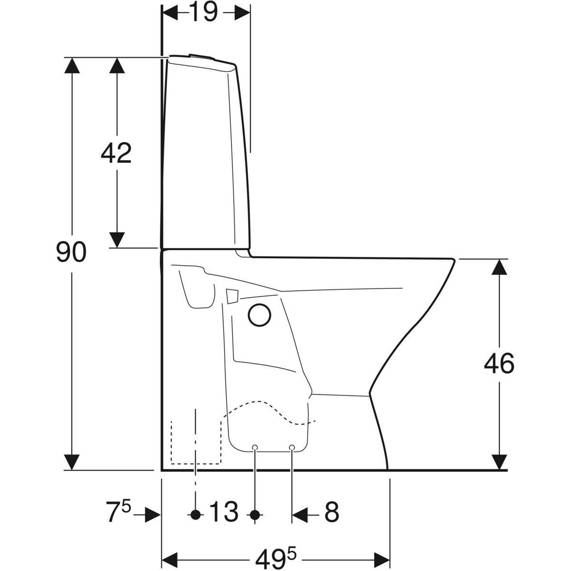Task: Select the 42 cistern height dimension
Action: [116, 153]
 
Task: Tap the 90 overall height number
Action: [71, 252]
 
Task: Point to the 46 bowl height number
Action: [499, 363]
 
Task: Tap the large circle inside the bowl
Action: [259, 315]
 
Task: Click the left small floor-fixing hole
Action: [255, 447]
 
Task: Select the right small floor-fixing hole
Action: [292, 447]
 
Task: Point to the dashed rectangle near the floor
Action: [196, 442]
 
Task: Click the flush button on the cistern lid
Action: [201, 56]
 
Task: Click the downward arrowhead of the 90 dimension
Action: [72, 463]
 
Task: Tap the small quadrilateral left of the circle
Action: [232, 296]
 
